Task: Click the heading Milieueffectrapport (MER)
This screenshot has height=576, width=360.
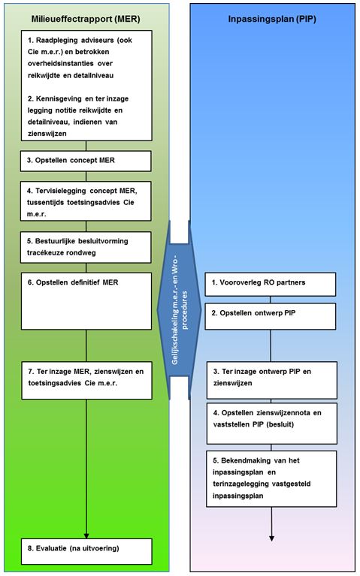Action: (x=86, y=19)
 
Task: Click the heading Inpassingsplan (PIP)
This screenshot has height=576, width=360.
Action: (x=272, y=19)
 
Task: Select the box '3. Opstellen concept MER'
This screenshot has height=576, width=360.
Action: (x=86, y=161)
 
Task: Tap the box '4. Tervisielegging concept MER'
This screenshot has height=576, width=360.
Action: (x=86, y=201)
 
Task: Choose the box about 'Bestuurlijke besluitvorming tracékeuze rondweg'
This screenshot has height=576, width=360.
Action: (x=86, y=247)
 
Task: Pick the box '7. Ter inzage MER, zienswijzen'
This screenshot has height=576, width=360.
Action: (x=86, y=380)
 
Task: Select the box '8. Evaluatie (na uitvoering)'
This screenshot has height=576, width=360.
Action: (x=86, y=551)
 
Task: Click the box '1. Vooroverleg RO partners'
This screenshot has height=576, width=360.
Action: (x=271, y=284)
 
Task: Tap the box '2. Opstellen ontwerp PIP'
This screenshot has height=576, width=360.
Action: (x=271, y=316)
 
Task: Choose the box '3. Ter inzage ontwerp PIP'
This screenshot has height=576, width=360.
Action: (x=272, y=380)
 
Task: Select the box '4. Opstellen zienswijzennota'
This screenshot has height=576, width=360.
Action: (x=272, y=424)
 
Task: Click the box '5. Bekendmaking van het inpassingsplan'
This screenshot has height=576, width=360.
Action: (x=271, y=478)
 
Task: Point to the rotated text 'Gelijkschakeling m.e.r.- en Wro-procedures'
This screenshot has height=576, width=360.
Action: (x=180, y=309)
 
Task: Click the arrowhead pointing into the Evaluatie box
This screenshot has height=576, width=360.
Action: (x=86, y=535)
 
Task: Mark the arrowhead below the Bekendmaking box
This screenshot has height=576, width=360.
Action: (x=271, y=538)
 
